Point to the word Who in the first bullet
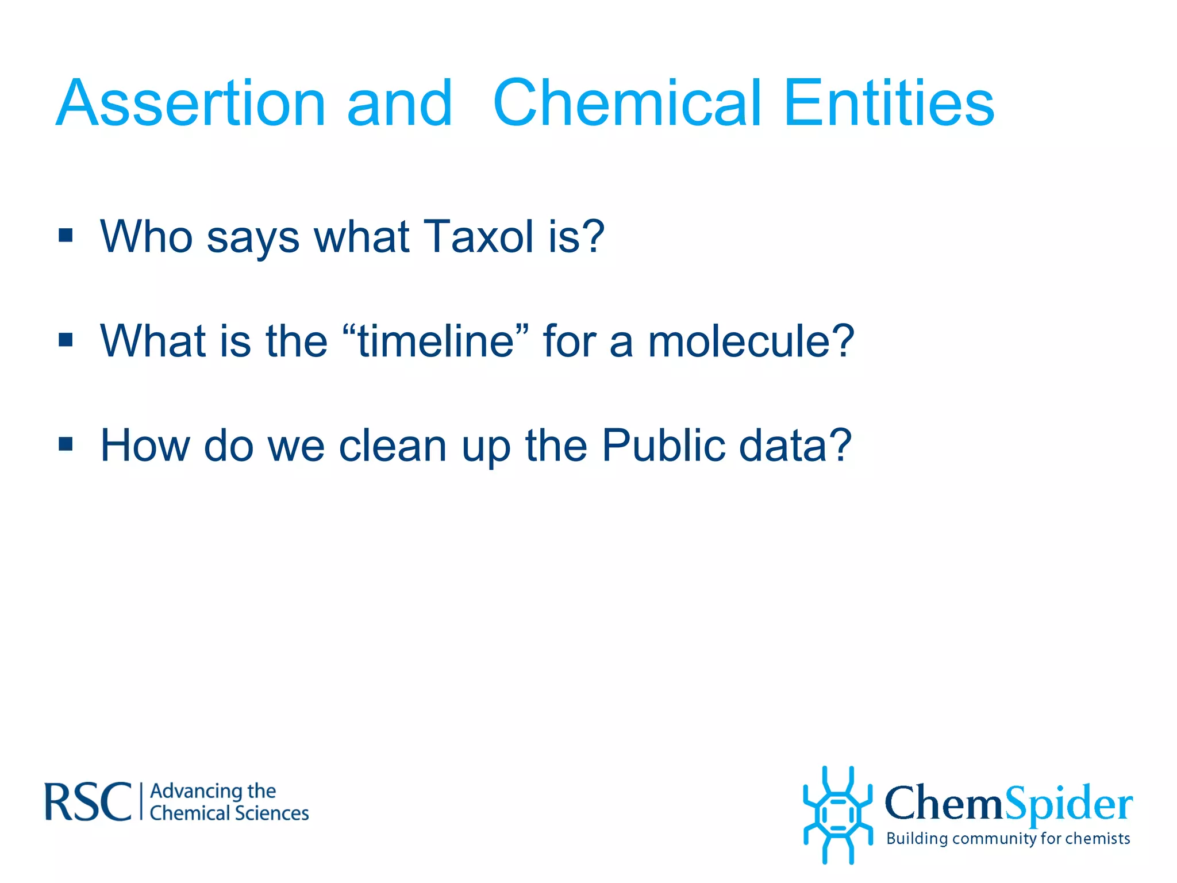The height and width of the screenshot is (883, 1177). point(146,236)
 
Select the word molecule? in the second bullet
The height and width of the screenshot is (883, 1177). point(751,341)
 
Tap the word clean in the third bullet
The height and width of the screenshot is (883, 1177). point(393,446)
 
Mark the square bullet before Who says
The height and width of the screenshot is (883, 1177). point(66,236)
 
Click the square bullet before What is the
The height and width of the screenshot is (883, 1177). point(66,340)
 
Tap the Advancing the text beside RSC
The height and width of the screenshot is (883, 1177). point(213,791)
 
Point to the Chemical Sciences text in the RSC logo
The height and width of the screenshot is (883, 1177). point(229,813)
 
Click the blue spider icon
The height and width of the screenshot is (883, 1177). point(837,815)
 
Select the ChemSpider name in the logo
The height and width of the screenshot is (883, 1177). point(1009,803)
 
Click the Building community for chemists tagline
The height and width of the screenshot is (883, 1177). point(1008,839)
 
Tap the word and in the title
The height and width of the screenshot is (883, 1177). point(400,103)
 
